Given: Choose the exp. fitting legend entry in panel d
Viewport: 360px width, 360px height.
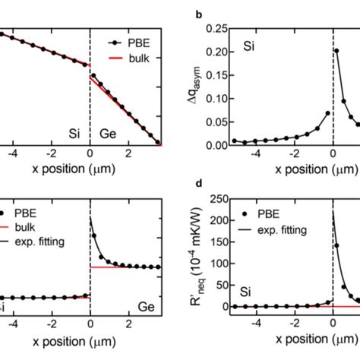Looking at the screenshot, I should click(292, 221).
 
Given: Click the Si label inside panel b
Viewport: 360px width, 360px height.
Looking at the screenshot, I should click(248, 46).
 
